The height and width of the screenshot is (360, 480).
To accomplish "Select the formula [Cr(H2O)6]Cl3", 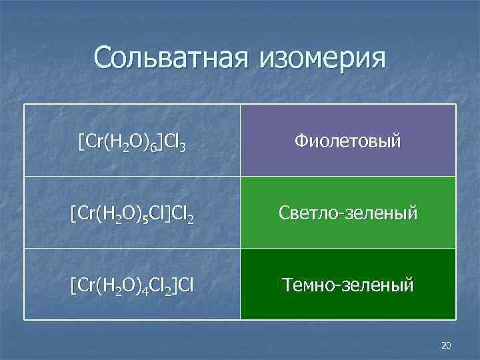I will point(132,141).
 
